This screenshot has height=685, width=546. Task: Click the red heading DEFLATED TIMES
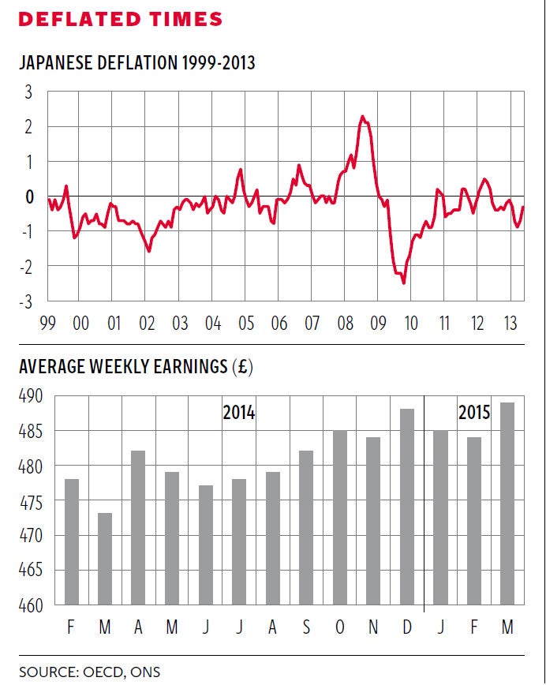120,20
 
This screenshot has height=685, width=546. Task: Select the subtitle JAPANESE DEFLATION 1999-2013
136,62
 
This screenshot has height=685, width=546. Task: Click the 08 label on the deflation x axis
345,324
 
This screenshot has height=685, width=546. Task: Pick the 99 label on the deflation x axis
47,324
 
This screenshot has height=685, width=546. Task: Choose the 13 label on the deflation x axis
510,324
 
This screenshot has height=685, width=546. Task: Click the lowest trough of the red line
404,283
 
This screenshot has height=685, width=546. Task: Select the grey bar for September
306,529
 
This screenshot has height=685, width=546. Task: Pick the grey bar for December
407,507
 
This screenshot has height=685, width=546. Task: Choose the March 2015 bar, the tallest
507,504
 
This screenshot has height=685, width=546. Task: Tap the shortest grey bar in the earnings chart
106,560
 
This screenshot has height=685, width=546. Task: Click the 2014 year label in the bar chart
238,412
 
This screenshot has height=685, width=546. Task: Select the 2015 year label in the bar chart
473,412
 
